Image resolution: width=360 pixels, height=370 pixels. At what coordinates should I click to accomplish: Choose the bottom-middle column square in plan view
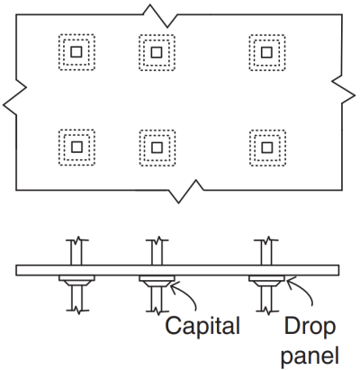(x=157, y=146)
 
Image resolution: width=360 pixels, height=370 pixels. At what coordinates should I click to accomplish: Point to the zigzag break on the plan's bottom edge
(x=189, y=189)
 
